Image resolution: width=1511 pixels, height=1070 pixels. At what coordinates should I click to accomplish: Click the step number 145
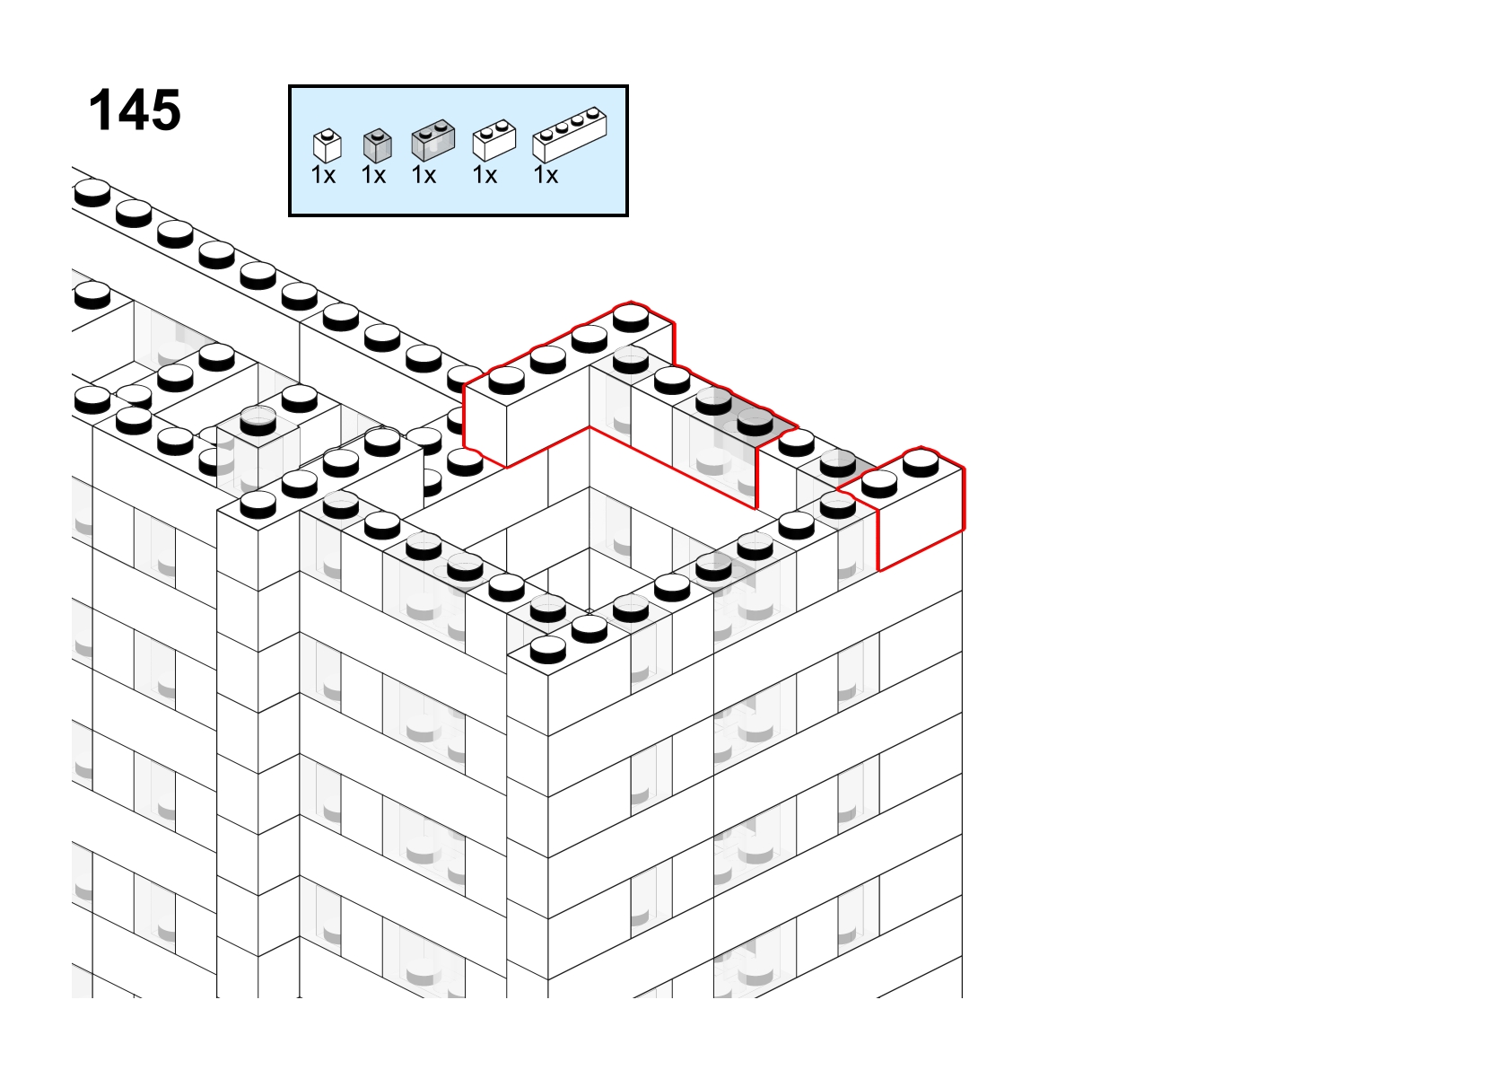[135, 110]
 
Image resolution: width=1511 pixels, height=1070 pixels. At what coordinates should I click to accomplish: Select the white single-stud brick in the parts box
[328, 145]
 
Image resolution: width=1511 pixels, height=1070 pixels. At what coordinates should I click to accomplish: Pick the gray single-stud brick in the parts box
[377, 145]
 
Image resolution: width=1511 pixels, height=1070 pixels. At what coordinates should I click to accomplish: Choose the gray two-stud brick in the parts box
[433, 140]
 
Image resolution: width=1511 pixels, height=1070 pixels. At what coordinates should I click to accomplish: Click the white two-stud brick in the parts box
[494, 140]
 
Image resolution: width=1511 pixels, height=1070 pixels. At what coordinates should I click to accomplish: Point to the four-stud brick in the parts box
[570, 135]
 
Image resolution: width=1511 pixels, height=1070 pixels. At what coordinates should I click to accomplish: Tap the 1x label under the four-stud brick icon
[546, 175]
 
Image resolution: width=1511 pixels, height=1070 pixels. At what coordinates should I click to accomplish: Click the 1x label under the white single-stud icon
[323, 175]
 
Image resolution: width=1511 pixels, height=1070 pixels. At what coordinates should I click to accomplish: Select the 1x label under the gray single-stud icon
[373, 175]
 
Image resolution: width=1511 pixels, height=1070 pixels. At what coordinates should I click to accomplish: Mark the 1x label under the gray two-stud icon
[424, 175]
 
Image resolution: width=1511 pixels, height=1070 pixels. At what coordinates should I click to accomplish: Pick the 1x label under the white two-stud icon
[485, 175]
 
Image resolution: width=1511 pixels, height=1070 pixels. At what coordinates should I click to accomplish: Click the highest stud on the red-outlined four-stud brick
[631, 318]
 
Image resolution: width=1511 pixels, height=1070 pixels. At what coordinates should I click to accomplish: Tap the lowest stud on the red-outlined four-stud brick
[507, 381]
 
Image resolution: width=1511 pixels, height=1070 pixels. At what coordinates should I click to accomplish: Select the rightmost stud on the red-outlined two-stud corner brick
[921, 463]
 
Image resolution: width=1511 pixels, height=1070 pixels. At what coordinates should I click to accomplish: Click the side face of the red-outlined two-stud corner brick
[921, 520]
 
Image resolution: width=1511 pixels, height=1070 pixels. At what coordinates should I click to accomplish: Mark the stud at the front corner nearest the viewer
[547, 650]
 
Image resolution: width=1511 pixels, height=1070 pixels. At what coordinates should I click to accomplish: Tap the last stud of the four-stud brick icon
[592, 113]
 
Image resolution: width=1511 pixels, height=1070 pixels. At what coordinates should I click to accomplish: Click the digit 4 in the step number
[135, 110]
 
